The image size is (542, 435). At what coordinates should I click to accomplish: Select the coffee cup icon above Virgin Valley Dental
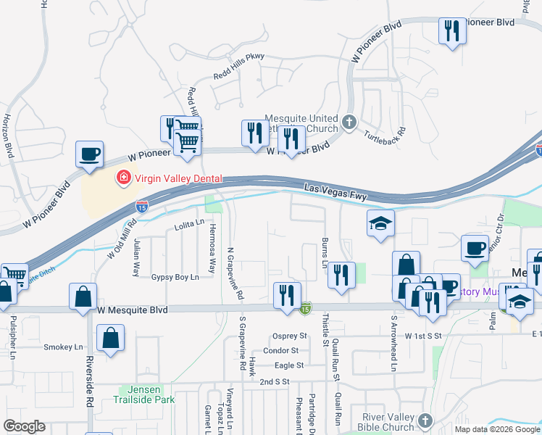click(89, 154)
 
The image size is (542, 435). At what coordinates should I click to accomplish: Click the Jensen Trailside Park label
click(144, 394)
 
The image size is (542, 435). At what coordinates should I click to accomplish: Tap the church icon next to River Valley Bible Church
click(425, 420)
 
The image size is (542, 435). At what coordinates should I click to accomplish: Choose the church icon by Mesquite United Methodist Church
click(350, 121)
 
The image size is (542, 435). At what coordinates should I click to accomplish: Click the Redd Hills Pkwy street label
click(239, 66)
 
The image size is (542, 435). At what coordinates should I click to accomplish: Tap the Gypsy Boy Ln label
click(175, 277)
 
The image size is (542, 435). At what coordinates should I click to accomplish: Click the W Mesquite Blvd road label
click(132, 310)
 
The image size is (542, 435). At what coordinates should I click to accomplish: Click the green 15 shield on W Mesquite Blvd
click(307, 309)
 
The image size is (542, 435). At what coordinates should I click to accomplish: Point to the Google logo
click(25, 426)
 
